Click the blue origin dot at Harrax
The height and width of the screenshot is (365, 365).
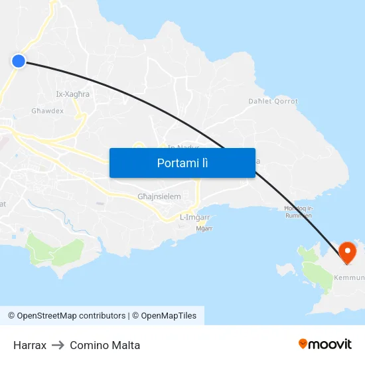[18, 61]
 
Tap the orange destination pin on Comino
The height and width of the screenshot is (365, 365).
[347, 252]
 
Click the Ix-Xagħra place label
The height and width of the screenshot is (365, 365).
[72, 94]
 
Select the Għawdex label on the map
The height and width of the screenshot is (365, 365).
[47, 111]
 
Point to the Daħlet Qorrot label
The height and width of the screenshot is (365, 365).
[273, 102]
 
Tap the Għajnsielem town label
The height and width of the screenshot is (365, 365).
[159, 196]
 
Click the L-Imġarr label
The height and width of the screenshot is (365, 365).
[195, 217]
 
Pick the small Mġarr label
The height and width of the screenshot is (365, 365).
[204, 228]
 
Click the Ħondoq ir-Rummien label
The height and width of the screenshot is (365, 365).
[298, 211]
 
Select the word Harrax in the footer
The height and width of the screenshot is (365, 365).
[30, 345]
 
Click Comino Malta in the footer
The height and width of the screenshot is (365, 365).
[105, 345]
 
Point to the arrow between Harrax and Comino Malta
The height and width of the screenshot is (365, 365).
[58, 345]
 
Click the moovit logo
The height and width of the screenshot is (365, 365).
[325, 344]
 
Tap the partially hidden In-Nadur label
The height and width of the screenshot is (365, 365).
[181, 147]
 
